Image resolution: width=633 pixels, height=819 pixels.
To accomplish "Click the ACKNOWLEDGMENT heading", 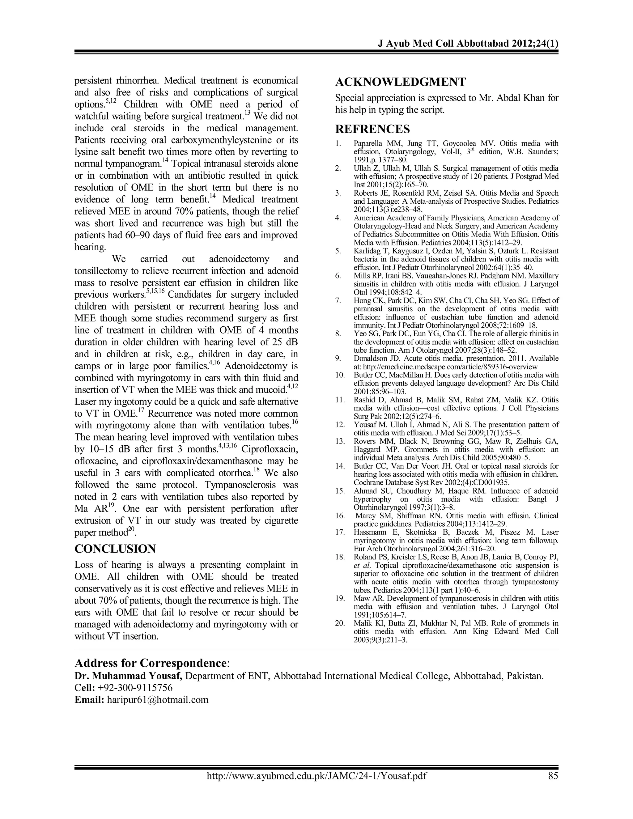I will click(400, 82).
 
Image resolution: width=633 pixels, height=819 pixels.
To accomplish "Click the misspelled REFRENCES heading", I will click(372, 129).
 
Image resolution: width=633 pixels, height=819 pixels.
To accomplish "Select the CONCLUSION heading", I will click(115, 549).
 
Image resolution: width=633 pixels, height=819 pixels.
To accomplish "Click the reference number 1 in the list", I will click(338, 144).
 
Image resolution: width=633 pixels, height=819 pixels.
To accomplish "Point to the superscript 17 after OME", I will click(141, 410).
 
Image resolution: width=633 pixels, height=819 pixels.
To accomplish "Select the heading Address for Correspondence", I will click(152, 663).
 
